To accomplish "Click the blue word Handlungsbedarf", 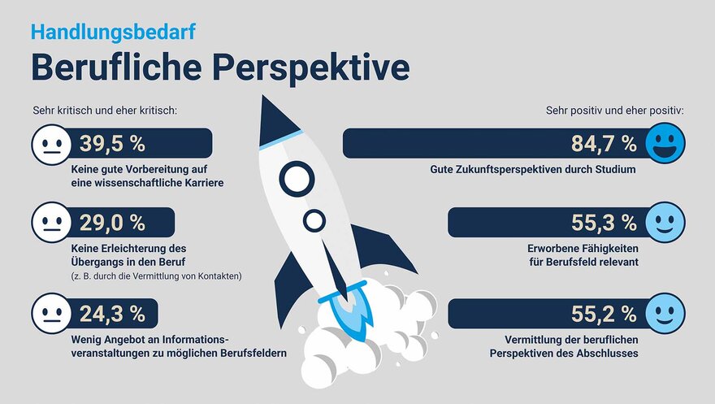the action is point(113,33).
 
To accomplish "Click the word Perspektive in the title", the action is point(311,68).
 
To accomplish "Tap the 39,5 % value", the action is point(112,144).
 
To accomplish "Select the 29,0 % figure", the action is point(112,223).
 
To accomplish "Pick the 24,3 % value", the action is point(112,314).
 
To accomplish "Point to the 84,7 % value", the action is point(604,144).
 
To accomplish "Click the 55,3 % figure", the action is point(604,223).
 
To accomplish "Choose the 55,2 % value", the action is point(604,314).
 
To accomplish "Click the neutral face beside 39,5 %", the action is point(51,145).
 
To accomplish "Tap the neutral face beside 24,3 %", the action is point(51,313).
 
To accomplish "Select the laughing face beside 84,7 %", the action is point(665,143).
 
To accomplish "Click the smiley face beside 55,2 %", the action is point(665,313).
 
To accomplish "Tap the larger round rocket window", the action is point(297,179).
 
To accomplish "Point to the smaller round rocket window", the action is point(314,221).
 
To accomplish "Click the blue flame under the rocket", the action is point(350,315).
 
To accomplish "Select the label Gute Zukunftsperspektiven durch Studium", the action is point(533,170).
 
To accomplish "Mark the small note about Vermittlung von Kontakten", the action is point(156,276).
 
